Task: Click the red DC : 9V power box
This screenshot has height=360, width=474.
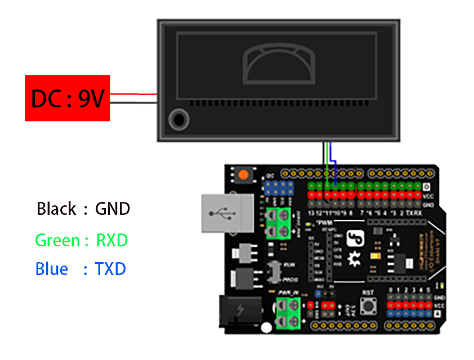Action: pos(68,98)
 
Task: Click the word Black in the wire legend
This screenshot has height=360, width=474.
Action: pos(56,209)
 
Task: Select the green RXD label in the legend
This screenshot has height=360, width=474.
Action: pos(112,241)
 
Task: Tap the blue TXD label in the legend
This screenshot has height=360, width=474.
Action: pos(110,269)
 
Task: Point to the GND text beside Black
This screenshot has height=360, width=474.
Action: pos(113,209)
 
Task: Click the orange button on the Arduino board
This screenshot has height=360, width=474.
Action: pos(243,174)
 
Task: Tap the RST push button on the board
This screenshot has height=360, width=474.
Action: pos(369,307)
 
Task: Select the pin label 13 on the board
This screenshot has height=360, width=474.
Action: pos(311,213)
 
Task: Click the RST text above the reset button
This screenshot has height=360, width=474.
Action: pos(369,292)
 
